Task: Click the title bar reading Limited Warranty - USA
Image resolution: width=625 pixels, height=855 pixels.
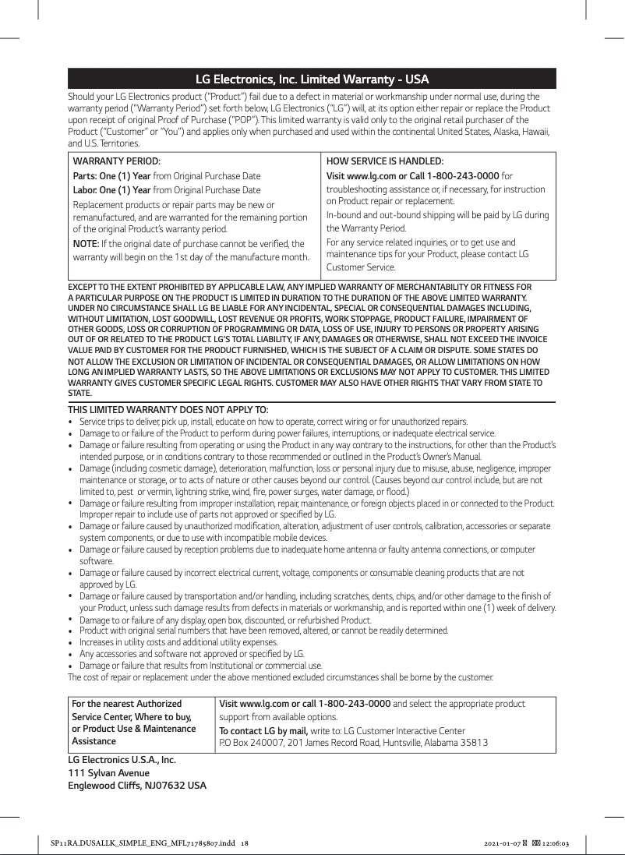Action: point(312,79)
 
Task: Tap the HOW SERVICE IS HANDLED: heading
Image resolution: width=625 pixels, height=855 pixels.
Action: point(384,161)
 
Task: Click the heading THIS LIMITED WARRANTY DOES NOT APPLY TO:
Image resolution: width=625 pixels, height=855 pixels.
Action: point(168,410)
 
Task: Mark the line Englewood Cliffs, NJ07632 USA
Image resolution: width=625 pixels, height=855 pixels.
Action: point(137,784)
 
